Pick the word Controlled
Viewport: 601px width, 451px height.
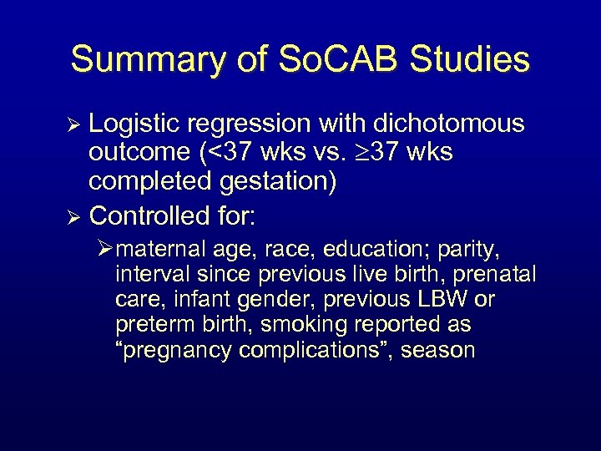pos(159,216)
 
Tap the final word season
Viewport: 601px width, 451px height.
pos(438,350)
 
